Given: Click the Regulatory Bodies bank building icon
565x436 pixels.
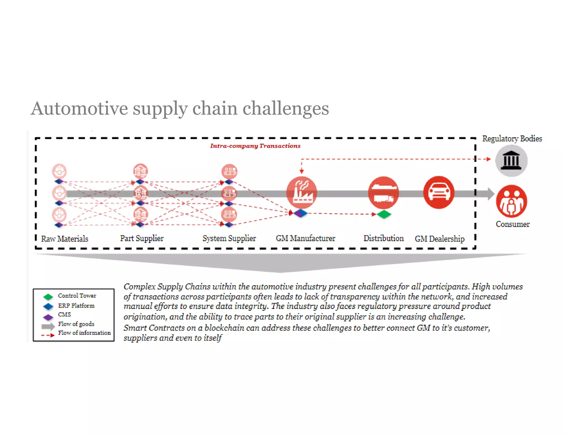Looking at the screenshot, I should (511, 161).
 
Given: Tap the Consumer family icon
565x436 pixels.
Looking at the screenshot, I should (511, 201).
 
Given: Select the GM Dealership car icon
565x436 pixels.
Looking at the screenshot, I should (439, 192).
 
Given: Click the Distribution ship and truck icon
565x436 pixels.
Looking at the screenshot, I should (383, 192).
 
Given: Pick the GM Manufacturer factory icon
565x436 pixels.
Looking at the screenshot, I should (302, 192).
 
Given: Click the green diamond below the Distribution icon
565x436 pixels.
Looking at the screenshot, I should (384, 214).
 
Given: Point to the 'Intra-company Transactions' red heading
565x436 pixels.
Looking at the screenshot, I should (255, 146).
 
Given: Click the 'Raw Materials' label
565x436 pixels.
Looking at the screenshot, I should (65, 239).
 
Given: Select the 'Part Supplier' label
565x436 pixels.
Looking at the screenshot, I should (142, 238).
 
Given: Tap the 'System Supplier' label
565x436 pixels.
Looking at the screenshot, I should (229, 238).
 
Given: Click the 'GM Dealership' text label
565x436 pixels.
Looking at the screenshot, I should (439, 239).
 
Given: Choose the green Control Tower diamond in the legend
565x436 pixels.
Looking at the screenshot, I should (48, 297).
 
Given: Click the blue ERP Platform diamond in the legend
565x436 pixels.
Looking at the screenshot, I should (48, 306).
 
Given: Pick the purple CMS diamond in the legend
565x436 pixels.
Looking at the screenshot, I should (48, 317).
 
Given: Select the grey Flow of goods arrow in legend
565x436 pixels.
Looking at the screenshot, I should (48, 327).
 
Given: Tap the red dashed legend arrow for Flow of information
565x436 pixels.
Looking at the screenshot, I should (48, 335).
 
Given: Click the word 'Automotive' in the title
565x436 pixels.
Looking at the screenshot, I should (79, 108).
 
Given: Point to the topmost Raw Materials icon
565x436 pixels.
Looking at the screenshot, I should (59, 171).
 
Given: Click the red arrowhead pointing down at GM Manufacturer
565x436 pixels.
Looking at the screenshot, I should (302, 171).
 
